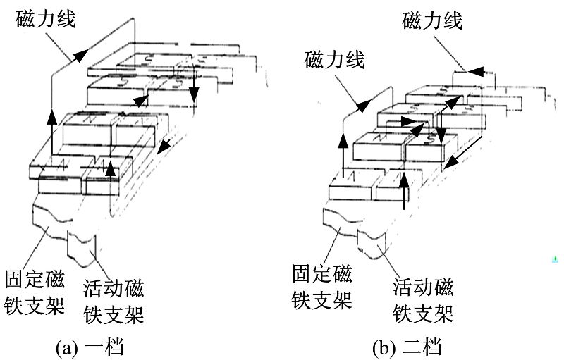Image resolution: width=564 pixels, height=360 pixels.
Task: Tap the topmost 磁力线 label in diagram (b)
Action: coord(432,20)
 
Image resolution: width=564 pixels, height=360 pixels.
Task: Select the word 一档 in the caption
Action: coord(106,346)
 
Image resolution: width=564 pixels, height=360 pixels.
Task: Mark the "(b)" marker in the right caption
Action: coord(385,346)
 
